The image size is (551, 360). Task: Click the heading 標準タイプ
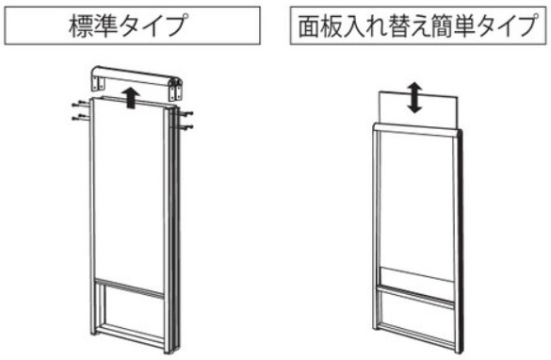pyautogui.click(x=127, y=26)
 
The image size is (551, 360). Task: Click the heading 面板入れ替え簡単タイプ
pyautogui.click(x=418, y=26)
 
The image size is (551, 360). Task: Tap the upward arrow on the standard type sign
pyautogui.click(x=132, y=98)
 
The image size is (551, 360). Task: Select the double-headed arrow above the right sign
pyautogui.click(x=415, y=97)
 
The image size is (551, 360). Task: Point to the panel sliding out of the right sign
pyautogui.click(x=418, y=109)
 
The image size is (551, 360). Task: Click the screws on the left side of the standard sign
pyautogui.click(x=80, y=110)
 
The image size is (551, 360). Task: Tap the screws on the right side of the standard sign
pyautogui.click(x=186, y=120)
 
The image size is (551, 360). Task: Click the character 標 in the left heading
pyautogui.click(x=81, y=26)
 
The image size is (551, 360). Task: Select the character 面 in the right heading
pyautogui.click(x=308, y=26)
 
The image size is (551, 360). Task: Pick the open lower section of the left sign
pyautogui.click(x=131, y=309)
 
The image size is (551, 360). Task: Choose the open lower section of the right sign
pyautogui.click(x=416, y=319)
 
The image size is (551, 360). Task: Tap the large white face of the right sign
pyautogui.click(x=417, y=204)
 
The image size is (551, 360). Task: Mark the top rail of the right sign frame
pyautogui.click(x=416, y=130)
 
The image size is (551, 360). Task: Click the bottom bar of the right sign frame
pyautogui.click(x=416, y=337)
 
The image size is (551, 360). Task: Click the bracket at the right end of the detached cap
pyautogui.click(x=177, y=90)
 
